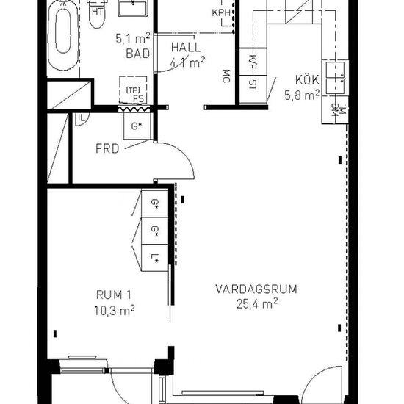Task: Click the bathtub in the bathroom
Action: tap(63, 35)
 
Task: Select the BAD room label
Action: tap(138, 54)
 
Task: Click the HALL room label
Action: tap(186, 48)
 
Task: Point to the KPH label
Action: tap(221, 13)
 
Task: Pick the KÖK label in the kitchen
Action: tap(307, 79)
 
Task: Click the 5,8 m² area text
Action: tap(302, 95)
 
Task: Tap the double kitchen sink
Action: tap(335, 78)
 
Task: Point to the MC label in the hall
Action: tap(226, 76)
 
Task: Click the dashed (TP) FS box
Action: tap(133, 90)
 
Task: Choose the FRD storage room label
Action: tap(107, 148)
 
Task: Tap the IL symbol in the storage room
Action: tap(82, 119)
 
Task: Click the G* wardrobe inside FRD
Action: tap(137, 126)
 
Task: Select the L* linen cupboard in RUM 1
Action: tap(155, 257)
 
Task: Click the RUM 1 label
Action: tap(114, 295)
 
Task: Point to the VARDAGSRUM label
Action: tap(256, 289)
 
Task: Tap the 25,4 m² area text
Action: tap(257, 304)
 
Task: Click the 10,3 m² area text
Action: tap(114, 310)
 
